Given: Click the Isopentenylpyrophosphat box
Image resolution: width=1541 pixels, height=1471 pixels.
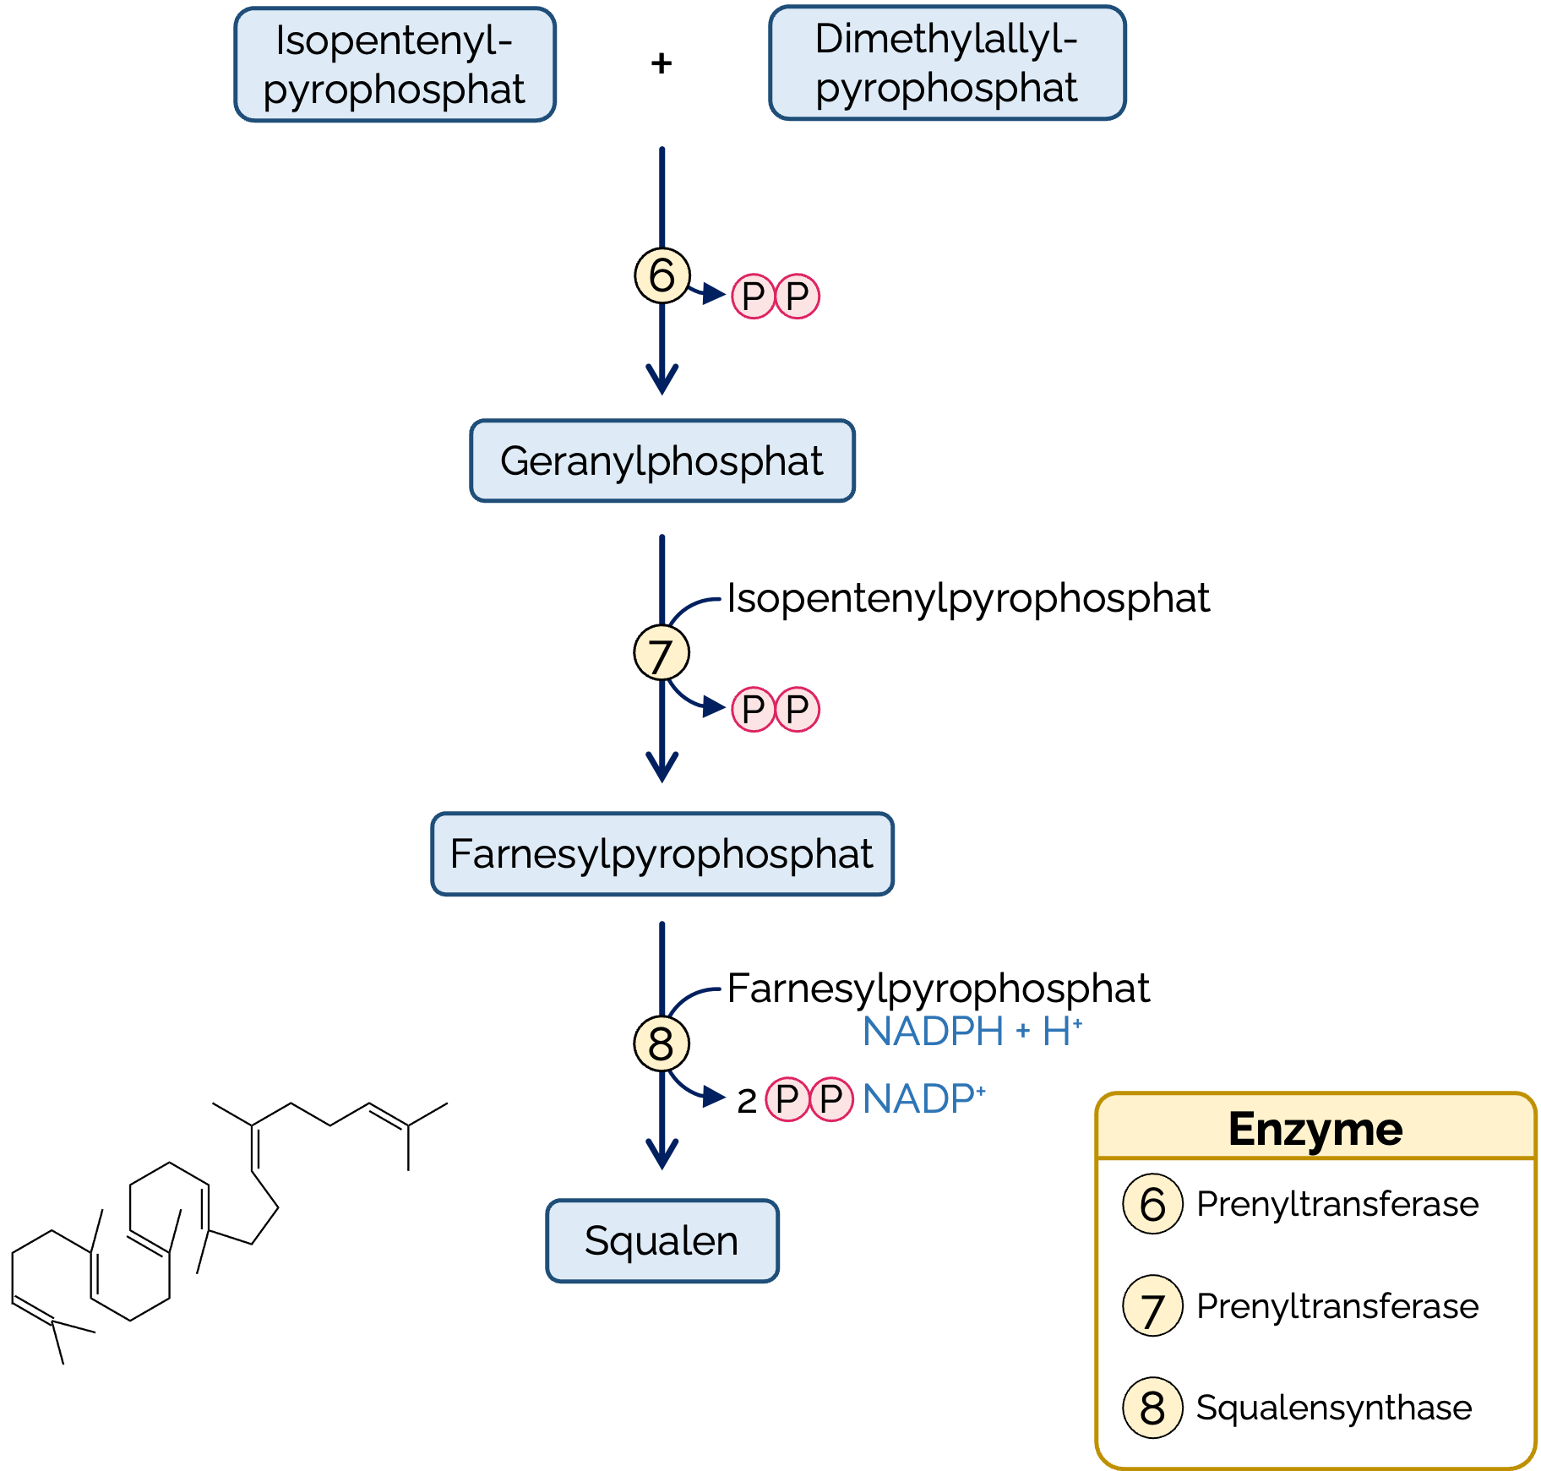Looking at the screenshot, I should point(395,65).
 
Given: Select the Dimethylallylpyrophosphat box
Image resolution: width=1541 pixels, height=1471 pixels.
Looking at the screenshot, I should point(947,63).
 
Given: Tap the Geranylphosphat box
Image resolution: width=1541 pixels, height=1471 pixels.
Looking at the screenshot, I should point(662,461).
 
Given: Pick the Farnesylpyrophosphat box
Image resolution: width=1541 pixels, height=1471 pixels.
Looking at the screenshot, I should point(662,854).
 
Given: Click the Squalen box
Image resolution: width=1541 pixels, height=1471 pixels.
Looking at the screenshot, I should point(662,1241).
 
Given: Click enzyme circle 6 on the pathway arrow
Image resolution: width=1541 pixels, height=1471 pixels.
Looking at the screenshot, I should point(662,275).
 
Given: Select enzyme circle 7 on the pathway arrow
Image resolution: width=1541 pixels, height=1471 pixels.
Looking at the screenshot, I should point(662,653).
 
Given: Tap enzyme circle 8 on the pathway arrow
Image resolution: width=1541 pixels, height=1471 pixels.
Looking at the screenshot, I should point(662,1043).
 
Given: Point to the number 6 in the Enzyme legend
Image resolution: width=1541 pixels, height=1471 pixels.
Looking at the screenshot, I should point(1152,1204).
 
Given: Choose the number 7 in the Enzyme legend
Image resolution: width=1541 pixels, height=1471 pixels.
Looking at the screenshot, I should point(1152,1306).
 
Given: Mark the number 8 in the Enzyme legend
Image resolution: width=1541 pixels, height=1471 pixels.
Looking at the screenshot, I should point(1152,1408).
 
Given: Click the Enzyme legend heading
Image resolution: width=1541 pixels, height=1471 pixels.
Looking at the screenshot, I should point(1315,1129).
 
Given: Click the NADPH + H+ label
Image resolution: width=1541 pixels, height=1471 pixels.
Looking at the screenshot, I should point(972,1031).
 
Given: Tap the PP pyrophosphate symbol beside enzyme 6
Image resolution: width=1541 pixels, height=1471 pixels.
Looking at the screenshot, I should point(776,297).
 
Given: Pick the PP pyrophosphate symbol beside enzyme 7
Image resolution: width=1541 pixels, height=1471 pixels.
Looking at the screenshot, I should point(776,709).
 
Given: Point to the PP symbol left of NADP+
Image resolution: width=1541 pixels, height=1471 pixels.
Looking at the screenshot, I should point(809,1099).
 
